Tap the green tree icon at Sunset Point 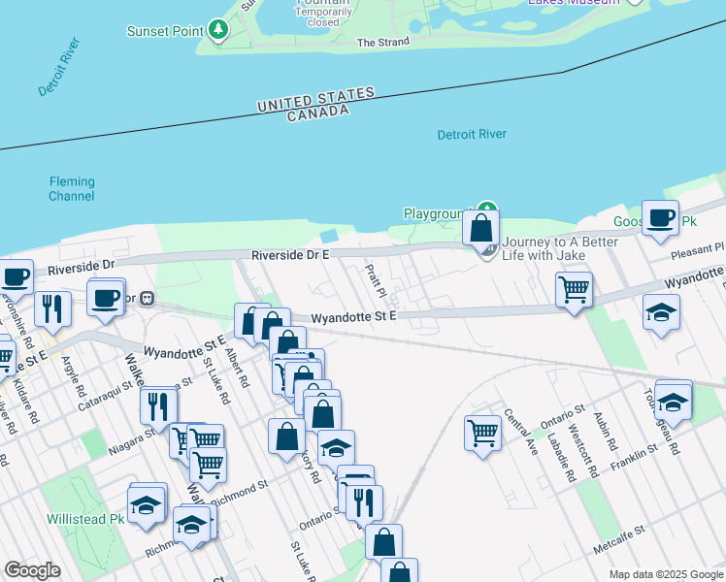point(219,30)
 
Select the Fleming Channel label point(72,188)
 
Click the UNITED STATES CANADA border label point(316,105)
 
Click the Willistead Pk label point(85,519)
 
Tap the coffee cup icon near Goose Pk point(661,219)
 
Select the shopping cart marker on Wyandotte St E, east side point(575,288)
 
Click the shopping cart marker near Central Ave point(482,432)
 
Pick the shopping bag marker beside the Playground point(480,229)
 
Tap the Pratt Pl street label point(377,279)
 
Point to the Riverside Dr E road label point(291,254)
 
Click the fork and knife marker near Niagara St point(158,405)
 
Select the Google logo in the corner point(33,570)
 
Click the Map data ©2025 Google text point(666,574)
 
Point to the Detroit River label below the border point(472,134)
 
